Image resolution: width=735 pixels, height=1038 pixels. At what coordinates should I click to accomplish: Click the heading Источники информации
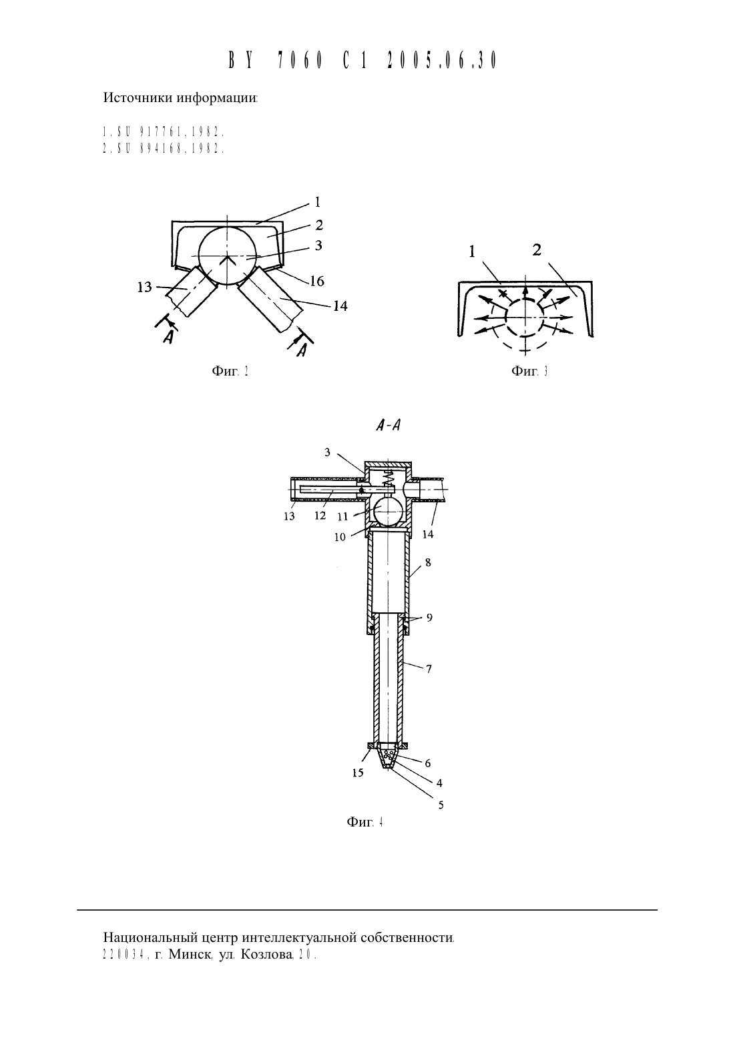click(x=180, y=98)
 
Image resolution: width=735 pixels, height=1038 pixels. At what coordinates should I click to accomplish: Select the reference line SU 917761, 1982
click(x=164, y=132)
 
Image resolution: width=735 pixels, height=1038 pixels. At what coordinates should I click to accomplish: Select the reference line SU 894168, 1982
click(x=164, y=149)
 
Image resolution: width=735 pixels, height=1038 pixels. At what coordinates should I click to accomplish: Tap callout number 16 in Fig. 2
click(x=316, y=282)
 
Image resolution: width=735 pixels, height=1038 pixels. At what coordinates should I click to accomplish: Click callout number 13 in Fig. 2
click(x=144, y=288)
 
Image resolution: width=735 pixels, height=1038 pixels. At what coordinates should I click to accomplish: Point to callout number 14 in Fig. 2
click(x=340, y=306)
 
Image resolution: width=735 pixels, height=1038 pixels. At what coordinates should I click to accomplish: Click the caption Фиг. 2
click(x=230, y=371)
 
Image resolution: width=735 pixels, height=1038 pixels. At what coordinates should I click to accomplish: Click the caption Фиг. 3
click(x=529, y=371)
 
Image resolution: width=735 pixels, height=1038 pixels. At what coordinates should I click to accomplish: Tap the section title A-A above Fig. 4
click(x=388, y=426)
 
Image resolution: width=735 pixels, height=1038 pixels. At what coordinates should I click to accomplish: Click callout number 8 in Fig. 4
click(x=427, y=562)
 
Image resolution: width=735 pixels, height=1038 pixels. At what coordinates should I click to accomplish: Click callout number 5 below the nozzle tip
click(x=441, y=805)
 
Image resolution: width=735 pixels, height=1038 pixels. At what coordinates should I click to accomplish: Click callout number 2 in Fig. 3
click(x=537, y=250)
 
